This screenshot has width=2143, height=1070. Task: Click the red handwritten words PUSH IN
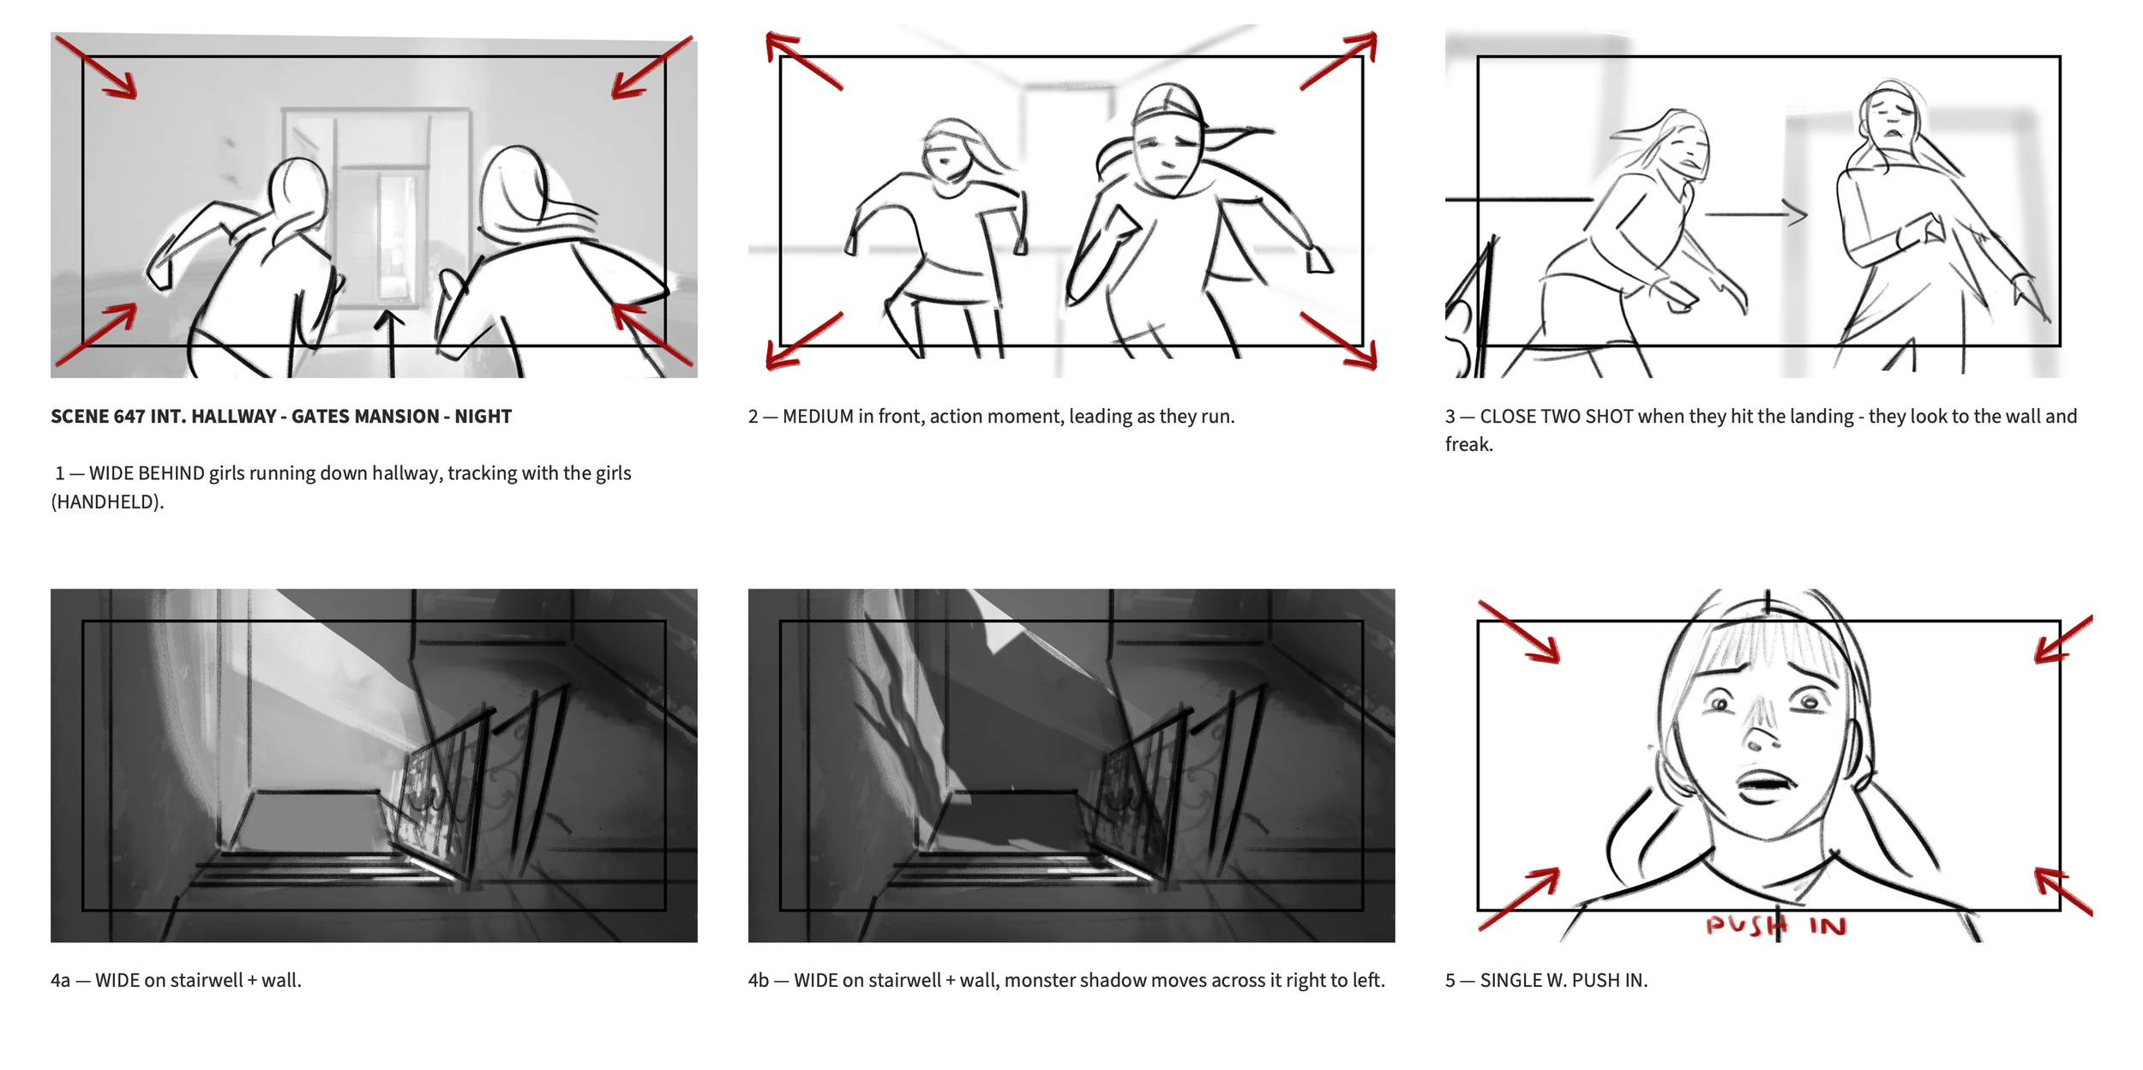pos(1775,925)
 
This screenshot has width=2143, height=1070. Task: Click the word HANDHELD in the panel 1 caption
pos(106,502)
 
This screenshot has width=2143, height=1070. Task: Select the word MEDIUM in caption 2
pos(818,417)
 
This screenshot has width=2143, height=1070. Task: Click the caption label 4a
pos(60,980)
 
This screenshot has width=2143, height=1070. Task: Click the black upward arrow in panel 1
pos(391,343)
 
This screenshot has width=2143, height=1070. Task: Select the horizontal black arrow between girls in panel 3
pos(1756,213)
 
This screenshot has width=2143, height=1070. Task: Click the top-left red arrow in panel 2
pos(803,60)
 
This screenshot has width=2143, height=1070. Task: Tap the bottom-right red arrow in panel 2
pos(1339,340)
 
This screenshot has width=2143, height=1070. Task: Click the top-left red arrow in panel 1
pos(96,67)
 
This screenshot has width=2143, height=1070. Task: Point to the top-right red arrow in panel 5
pos(2064,639)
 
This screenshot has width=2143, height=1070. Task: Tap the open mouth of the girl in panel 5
pos(1764,782)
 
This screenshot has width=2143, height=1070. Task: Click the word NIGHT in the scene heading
pos(483,417)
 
